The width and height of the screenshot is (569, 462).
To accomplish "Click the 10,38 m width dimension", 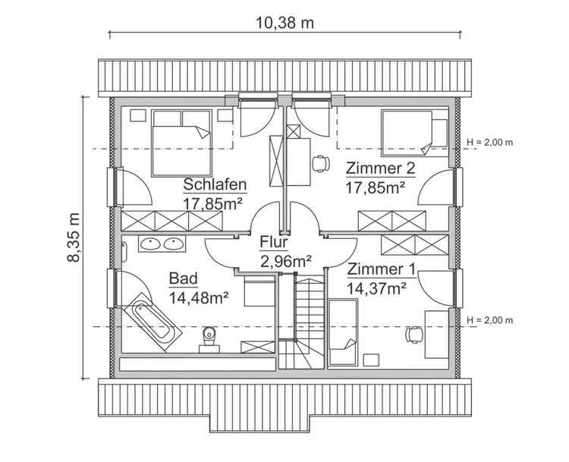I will (x=284, y=23).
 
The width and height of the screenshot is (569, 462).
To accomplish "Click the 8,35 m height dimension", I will (x=74, y=237).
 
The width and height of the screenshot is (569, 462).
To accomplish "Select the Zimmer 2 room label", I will (x=381, y=168).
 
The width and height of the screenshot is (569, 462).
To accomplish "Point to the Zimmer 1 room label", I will (x=381, y=269).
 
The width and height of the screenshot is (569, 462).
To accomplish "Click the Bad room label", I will (x=184, y=279).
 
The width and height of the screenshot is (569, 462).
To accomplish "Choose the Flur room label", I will (x=274, y=243).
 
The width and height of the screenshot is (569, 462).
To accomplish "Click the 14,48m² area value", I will (x=200, y=297).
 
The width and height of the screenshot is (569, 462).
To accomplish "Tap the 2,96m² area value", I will (x=287, y=262).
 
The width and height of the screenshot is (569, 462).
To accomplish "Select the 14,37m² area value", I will (x=376, y=288).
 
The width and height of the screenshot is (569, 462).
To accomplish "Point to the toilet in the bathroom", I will (x=209, y=336).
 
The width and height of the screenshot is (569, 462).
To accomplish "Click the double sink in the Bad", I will (x=161, y=244).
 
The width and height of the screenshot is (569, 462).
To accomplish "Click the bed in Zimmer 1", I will (x=343, y=332).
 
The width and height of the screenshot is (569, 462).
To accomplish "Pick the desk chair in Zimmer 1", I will (x=415, y=333).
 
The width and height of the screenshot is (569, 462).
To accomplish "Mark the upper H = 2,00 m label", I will (x=489, y=142).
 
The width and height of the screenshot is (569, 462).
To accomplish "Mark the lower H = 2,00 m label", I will (x=489, y=320).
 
